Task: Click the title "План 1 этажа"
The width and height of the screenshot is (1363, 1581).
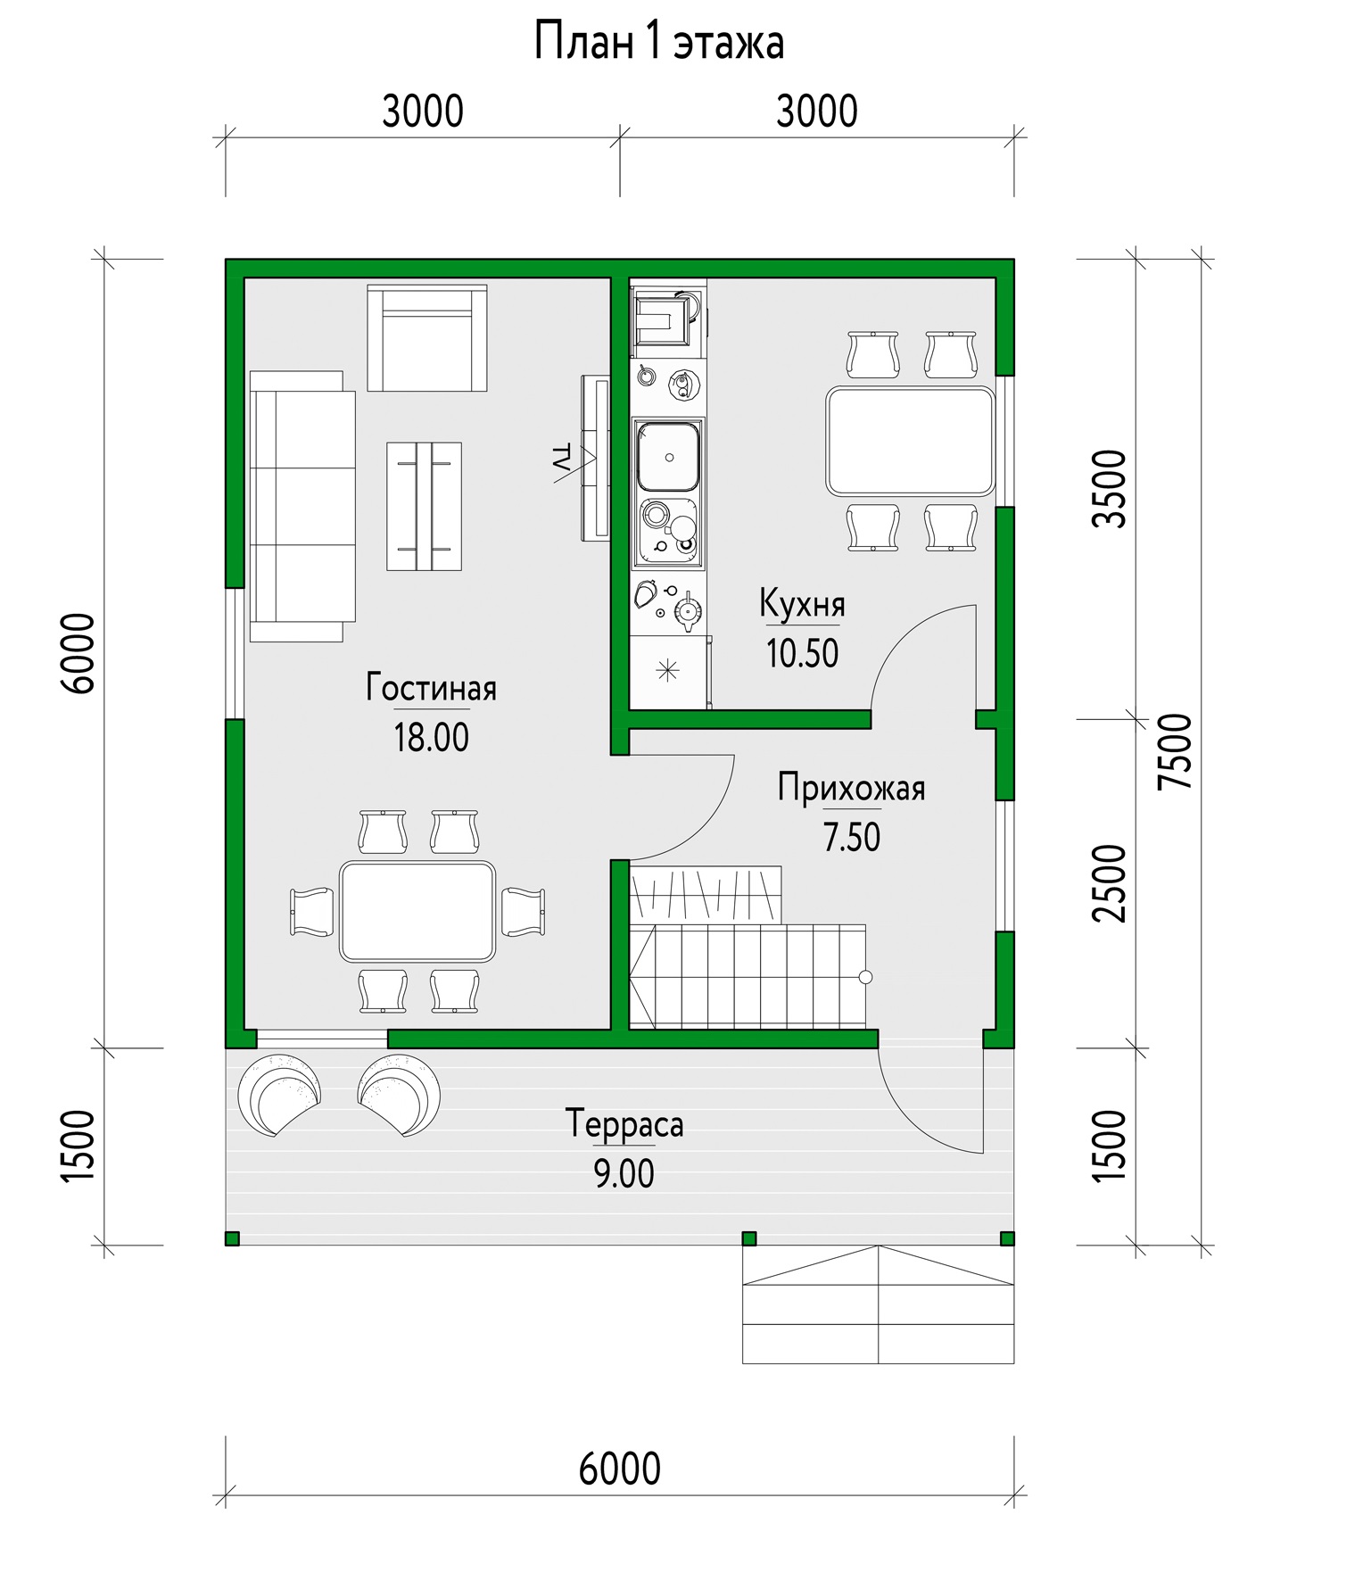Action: pos(659,43)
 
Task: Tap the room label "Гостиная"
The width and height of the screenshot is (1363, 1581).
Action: pos(431,688)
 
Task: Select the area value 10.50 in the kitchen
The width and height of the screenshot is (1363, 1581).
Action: pos(803,654)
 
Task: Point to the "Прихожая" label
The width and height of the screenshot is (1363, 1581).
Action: pos(851,788)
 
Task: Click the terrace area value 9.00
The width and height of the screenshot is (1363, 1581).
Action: pos(624,1174)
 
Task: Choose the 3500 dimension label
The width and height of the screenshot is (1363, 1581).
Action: pos(1111,489)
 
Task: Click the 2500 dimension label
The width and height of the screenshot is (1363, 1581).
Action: pos(1111,883)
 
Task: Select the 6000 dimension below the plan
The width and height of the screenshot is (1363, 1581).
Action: pos(620,1468)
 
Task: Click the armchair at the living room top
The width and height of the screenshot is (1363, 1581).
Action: pos(427,337)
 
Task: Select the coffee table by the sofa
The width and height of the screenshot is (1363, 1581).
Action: pos(424,506)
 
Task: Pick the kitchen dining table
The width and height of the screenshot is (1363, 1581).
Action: pos(910,442)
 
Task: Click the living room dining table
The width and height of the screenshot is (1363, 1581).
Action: pos(417,912)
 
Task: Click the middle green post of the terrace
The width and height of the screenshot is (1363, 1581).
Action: pos(749,1238)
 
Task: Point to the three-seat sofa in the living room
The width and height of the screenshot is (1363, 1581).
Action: pos(302,506)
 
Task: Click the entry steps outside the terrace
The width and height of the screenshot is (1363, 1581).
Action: pos(878,1304)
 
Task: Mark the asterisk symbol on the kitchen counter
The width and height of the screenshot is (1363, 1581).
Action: pos(667,671)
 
